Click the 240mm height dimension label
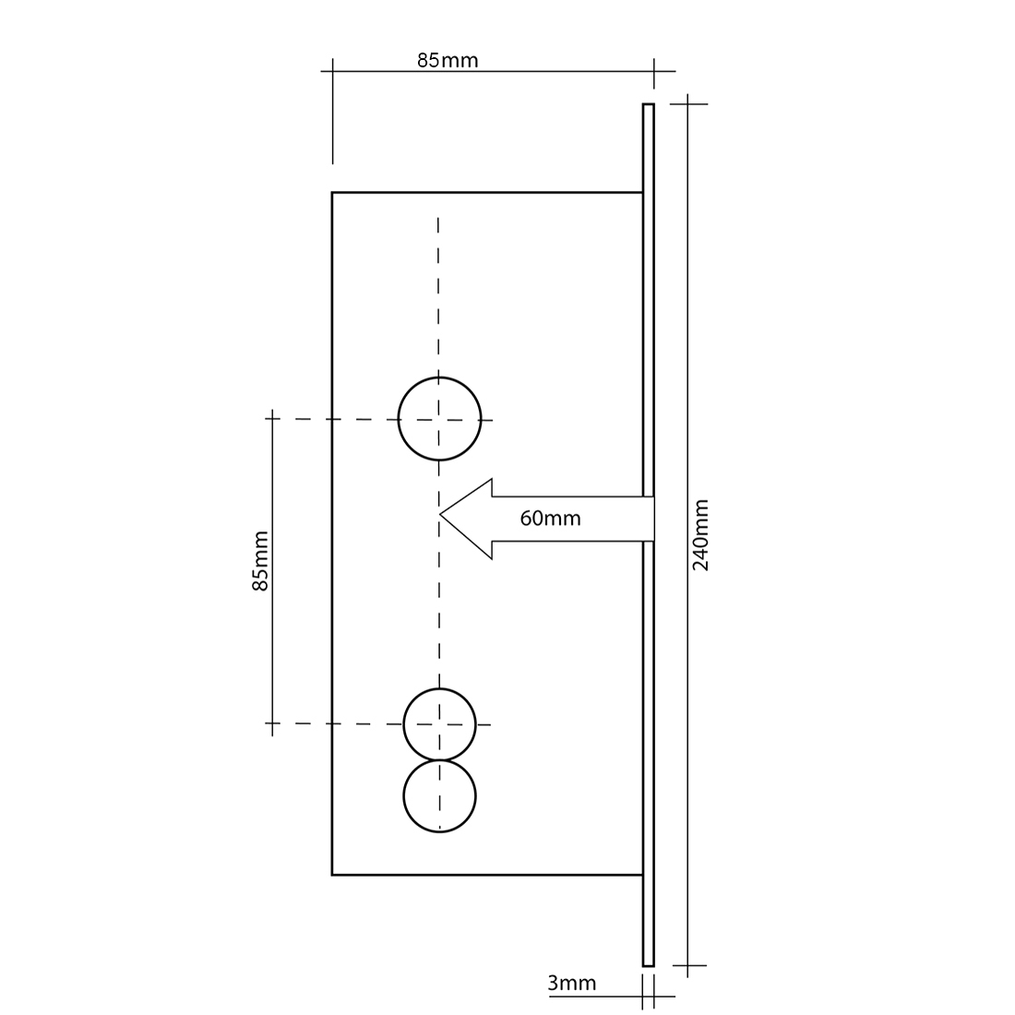pos(701,534)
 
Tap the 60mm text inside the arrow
pos(550,519)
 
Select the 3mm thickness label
pos(571,984)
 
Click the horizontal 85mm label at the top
pos(448,60)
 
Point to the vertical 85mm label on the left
pos(259,561)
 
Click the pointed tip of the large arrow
pos(441,514)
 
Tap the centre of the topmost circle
pos(439,419)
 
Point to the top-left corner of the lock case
pos(333,193)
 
